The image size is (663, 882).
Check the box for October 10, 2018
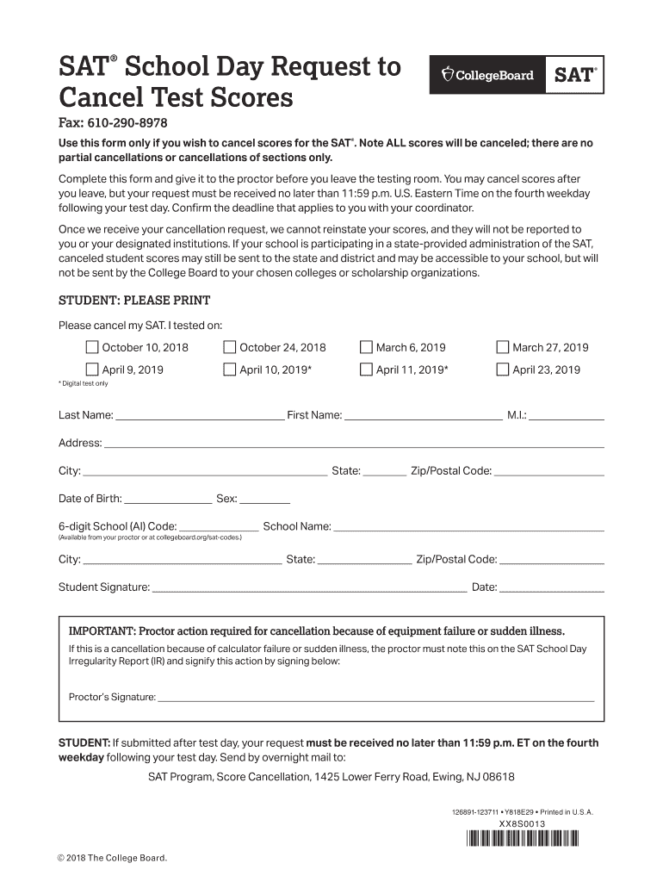(x=92, y=348)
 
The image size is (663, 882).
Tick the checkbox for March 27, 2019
(x=503, y=348)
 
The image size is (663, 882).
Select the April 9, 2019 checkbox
(x=92, y=370)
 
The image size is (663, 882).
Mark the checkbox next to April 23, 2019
(x=503, y=370)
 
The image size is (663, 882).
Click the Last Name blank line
(x=199, y=417)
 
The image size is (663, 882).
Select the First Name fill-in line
(x=423, y=417)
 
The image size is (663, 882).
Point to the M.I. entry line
(x=567, y=417)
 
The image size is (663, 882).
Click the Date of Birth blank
(x=169, y=500)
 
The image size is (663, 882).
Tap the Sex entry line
(x=265, y=500)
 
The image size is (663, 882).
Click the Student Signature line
(x=309, y=589)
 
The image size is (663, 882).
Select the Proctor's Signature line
(x=375, y=699)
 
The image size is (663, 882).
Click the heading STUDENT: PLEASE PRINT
(x=134, y=301)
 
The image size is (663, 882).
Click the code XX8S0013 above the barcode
(x=523, y=824)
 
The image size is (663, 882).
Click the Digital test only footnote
(x=84, y=383)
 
